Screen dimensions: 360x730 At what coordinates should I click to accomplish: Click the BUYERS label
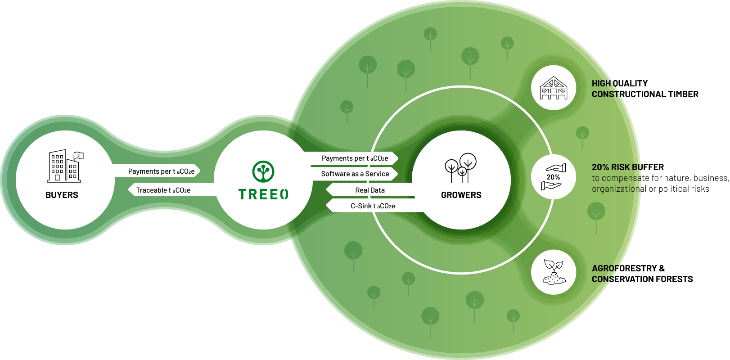62,195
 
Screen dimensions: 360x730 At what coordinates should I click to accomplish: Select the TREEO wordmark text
263,194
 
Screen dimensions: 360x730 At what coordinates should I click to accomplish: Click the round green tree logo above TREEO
263,171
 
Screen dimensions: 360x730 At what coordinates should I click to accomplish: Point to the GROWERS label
461,195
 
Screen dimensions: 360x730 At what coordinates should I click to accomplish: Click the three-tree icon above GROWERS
460,167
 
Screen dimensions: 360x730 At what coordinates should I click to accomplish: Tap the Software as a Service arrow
355,174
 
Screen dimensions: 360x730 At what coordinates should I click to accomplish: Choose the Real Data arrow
370,190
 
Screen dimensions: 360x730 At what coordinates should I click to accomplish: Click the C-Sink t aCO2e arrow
373,206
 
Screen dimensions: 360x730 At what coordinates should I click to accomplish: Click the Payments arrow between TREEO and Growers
355,158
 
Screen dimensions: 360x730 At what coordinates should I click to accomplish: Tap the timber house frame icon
553,88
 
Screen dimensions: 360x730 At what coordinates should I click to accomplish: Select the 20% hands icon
553,177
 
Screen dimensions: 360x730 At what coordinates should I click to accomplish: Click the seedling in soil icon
554,272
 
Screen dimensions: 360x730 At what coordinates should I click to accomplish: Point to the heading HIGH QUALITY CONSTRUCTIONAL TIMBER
644,89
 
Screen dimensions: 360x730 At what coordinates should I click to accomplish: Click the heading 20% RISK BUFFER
627,167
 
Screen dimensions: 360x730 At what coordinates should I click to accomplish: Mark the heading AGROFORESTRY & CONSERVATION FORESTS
642,274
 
